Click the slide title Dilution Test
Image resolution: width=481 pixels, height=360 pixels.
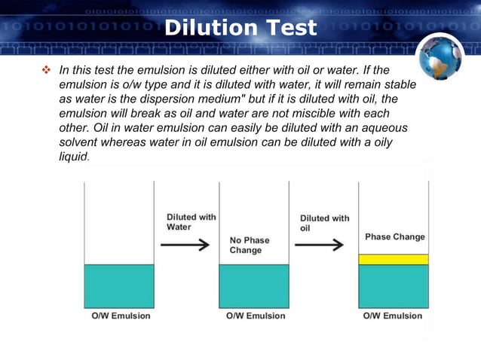(240, 29)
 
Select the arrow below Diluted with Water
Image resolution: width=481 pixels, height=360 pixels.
(185, 244)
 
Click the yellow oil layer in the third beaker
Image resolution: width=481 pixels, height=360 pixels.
(393, 259)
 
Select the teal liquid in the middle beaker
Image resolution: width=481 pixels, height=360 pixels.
(254, 285)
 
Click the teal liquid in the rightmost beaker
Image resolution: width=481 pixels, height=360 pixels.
(393, 286)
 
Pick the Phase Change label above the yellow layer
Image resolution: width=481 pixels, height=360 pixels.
(394, 236)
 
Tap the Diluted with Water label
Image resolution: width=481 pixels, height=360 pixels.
(191, 221)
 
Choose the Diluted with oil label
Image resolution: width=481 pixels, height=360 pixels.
(324, 222)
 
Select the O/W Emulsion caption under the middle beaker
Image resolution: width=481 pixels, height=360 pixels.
(256, 316)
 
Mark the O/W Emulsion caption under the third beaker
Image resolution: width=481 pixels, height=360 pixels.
(393, 316)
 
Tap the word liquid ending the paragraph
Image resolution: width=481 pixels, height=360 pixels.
(73, 157)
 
